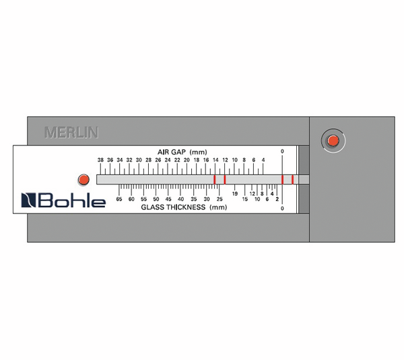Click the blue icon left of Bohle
tap(29, 201)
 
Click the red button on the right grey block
tap(332, 140)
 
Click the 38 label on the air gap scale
tap(100, 159)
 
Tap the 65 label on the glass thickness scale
tap(119, 199)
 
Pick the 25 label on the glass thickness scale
tap(220, 199)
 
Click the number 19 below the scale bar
tap(235, 193)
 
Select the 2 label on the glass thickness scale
tap(277, 199)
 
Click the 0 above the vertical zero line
tap(282, 151)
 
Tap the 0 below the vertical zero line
tap(282, 209)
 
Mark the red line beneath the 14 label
tap(215, 179)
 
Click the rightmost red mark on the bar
tap(292, 179)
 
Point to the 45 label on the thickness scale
tap(168, 199)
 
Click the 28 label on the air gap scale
tap(148, 159)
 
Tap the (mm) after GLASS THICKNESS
tap(218, 207)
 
